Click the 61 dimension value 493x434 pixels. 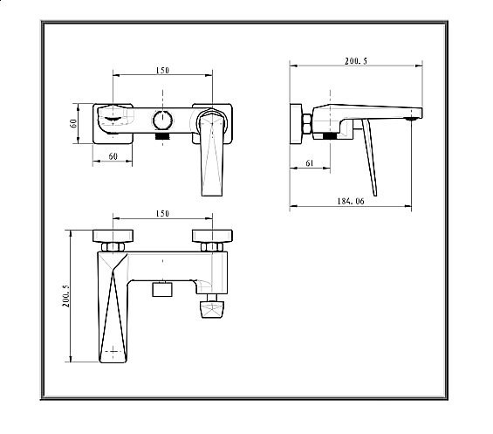click(x=311, y=164)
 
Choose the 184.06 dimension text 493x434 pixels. click(x=348, y=202)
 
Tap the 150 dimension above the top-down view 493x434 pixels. click(x=161, y=214)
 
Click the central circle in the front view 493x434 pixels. click(x=162, y=121)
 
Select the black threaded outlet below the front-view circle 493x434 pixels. click(x=162, y=136)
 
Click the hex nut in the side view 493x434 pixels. click(x=308, y=123)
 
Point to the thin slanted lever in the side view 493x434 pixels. click(x=371, y=157)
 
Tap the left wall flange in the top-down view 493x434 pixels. click(x=113, y=234)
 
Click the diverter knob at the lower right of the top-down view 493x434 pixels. click(x=212, y=312)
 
